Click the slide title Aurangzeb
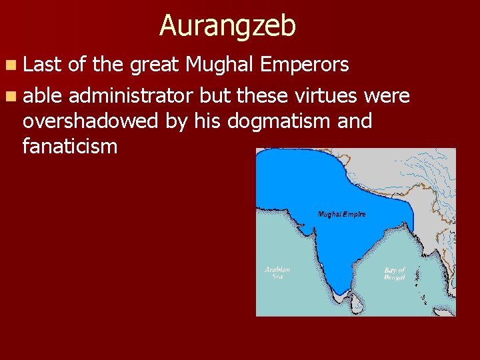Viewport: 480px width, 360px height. click(227, 26)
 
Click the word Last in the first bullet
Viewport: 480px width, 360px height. click(41, 65)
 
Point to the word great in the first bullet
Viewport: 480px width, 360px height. click(154, 65)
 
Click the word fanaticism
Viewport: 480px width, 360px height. click(70, 146)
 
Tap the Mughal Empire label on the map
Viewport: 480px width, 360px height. click(342, 215)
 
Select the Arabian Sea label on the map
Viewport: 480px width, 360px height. click(277, 273)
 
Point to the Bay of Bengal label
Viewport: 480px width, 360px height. click(395, 274)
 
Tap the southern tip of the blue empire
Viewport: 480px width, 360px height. click(341, 293)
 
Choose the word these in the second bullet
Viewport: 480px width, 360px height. click(262, 96)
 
